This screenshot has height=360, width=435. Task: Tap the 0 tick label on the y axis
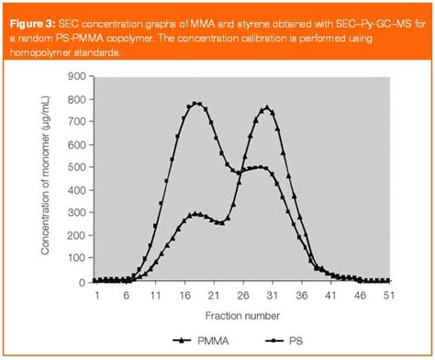(83, 282)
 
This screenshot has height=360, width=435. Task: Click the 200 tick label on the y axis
(77, 237)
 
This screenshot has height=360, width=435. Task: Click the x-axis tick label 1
(95, 296)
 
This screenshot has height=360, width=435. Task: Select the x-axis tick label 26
(241, 296)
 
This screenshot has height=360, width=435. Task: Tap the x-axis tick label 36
(300, 296)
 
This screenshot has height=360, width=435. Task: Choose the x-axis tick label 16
(184, 296)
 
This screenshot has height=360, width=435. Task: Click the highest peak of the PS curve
(197, 104)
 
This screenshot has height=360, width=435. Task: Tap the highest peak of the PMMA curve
(267, 107)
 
